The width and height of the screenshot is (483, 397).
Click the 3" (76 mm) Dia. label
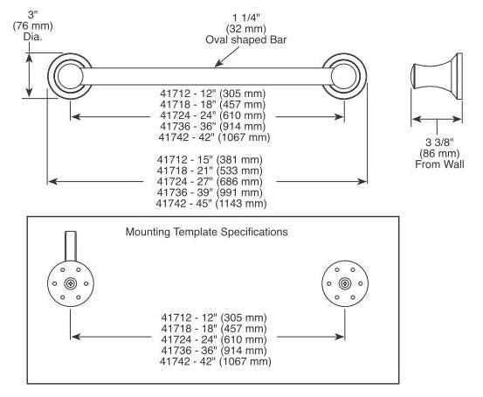pyautogui.click(x=32, y=26)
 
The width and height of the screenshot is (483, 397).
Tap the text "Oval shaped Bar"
pyautogui.click(x=245, y=40)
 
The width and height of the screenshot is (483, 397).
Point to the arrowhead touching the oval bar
pyautogui.click(x=218, y=64)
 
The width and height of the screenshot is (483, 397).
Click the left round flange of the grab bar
pyautogui.click(x=70, y=76)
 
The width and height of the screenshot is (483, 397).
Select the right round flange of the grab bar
pyautogui.click(x=344, y=76)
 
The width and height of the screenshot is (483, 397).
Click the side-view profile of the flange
pyautogui.click(x=437, y=76)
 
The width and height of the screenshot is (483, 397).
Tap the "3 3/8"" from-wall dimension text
pyautogui.click(x=439, y=143)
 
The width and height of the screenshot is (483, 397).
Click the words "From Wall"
pyautogui.click(x=439, y=164)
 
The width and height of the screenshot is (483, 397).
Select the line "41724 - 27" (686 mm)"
pyautogui.click(x=210, y=181)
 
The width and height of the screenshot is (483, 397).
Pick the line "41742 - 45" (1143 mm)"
pyautogui.click(x=211, y=203)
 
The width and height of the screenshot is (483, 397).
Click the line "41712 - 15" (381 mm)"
pyautogui.click(x=210, y=159)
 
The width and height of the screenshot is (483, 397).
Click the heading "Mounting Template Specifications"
pyautogui.click(x=207, y=232)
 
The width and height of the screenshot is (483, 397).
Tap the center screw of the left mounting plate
pyautogui.click(x=71, y=283)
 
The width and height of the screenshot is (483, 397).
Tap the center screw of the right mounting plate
pyautogui.click(x=345, y=283)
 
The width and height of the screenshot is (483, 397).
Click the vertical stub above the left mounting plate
pyautogui.click(x=71, y=247)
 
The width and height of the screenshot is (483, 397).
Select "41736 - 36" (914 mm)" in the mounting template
pyautogui.click(x=214, y=351)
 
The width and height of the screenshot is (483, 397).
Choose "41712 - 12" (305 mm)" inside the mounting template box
pyautogui.click(x=214, y=317)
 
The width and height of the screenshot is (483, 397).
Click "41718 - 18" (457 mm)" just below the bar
pyautogui.click(x=212, y=104)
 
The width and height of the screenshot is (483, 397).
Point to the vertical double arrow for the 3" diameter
pyautogui.click(x=29, y=75)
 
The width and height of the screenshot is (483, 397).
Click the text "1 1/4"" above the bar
pyautogui.click(x=246, y=17)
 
